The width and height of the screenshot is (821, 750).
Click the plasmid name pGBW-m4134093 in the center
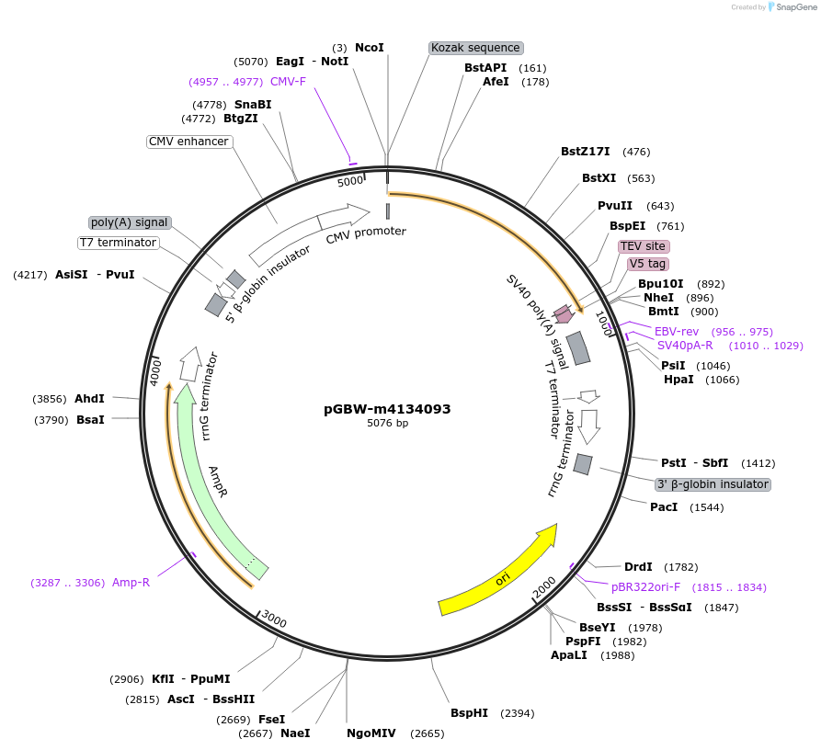(387, 409)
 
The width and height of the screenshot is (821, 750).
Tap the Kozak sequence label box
(475, 48)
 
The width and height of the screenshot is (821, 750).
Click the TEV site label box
(643, 246)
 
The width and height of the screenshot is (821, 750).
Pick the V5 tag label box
(648, 264)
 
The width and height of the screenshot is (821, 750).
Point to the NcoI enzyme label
(369, 48)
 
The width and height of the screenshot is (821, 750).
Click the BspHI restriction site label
(469, 713)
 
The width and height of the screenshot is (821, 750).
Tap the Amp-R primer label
(131, 582)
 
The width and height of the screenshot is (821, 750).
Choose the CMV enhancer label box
(188, 142)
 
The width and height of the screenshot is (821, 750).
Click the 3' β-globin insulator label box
(713, 484)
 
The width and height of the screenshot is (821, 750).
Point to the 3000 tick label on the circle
(274, 619)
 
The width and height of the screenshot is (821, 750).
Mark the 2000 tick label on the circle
(544, 585)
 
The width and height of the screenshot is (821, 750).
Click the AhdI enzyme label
(89, 399)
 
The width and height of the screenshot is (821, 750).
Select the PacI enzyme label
(664, 507)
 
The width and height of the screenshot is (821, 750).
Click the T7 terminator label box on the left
(118, 243)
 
